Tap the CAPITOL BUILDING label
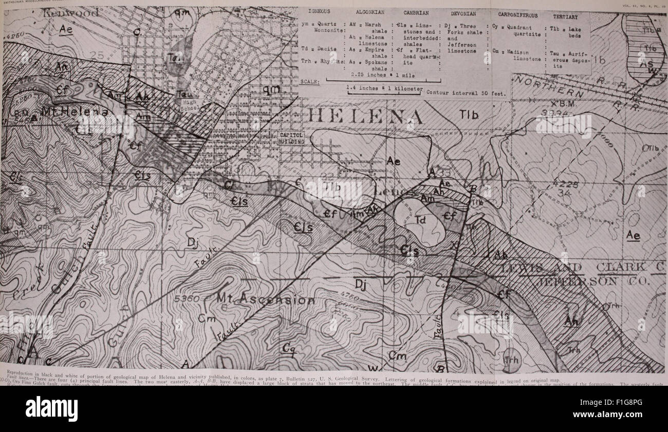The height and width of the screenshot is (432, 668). pos(291,138)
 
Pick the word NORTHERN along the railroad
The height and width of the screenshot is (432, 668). pos(547,86)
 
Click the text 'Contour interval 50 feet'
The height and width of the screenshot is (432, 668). pos(466,93)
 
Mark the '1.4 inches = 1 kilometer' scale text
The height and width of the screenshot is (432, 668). pos(384,88)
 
